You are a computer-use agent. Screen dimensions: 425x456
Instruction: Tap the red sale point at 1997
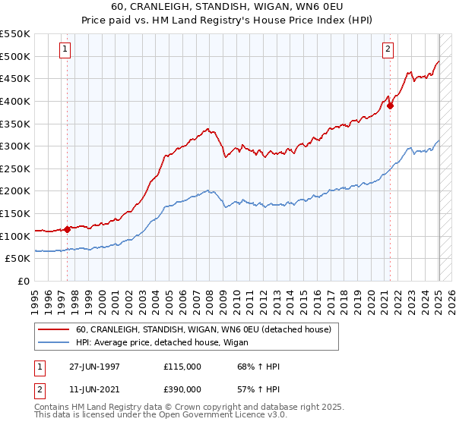click(67, 228)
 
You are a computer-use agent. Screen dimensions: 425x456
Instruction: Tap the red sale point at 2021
click(391, 105)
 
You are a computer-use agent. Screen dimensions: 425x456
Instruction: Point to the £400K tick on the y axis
click(15, 101)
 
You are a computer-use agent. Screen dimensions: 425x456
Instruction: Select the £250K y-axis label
click(15, 168)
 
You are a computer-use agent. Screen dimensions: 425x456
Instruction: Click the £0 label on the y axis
click(23, 282)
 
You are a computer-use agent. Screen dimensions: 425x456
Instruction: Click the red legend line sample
click(52, 330)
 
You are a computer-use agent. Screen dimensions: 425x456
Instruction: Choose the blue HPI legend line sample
click(52, 342)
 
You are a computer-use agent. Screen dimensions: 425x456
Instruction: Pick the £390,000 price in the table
click(182, 389)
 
